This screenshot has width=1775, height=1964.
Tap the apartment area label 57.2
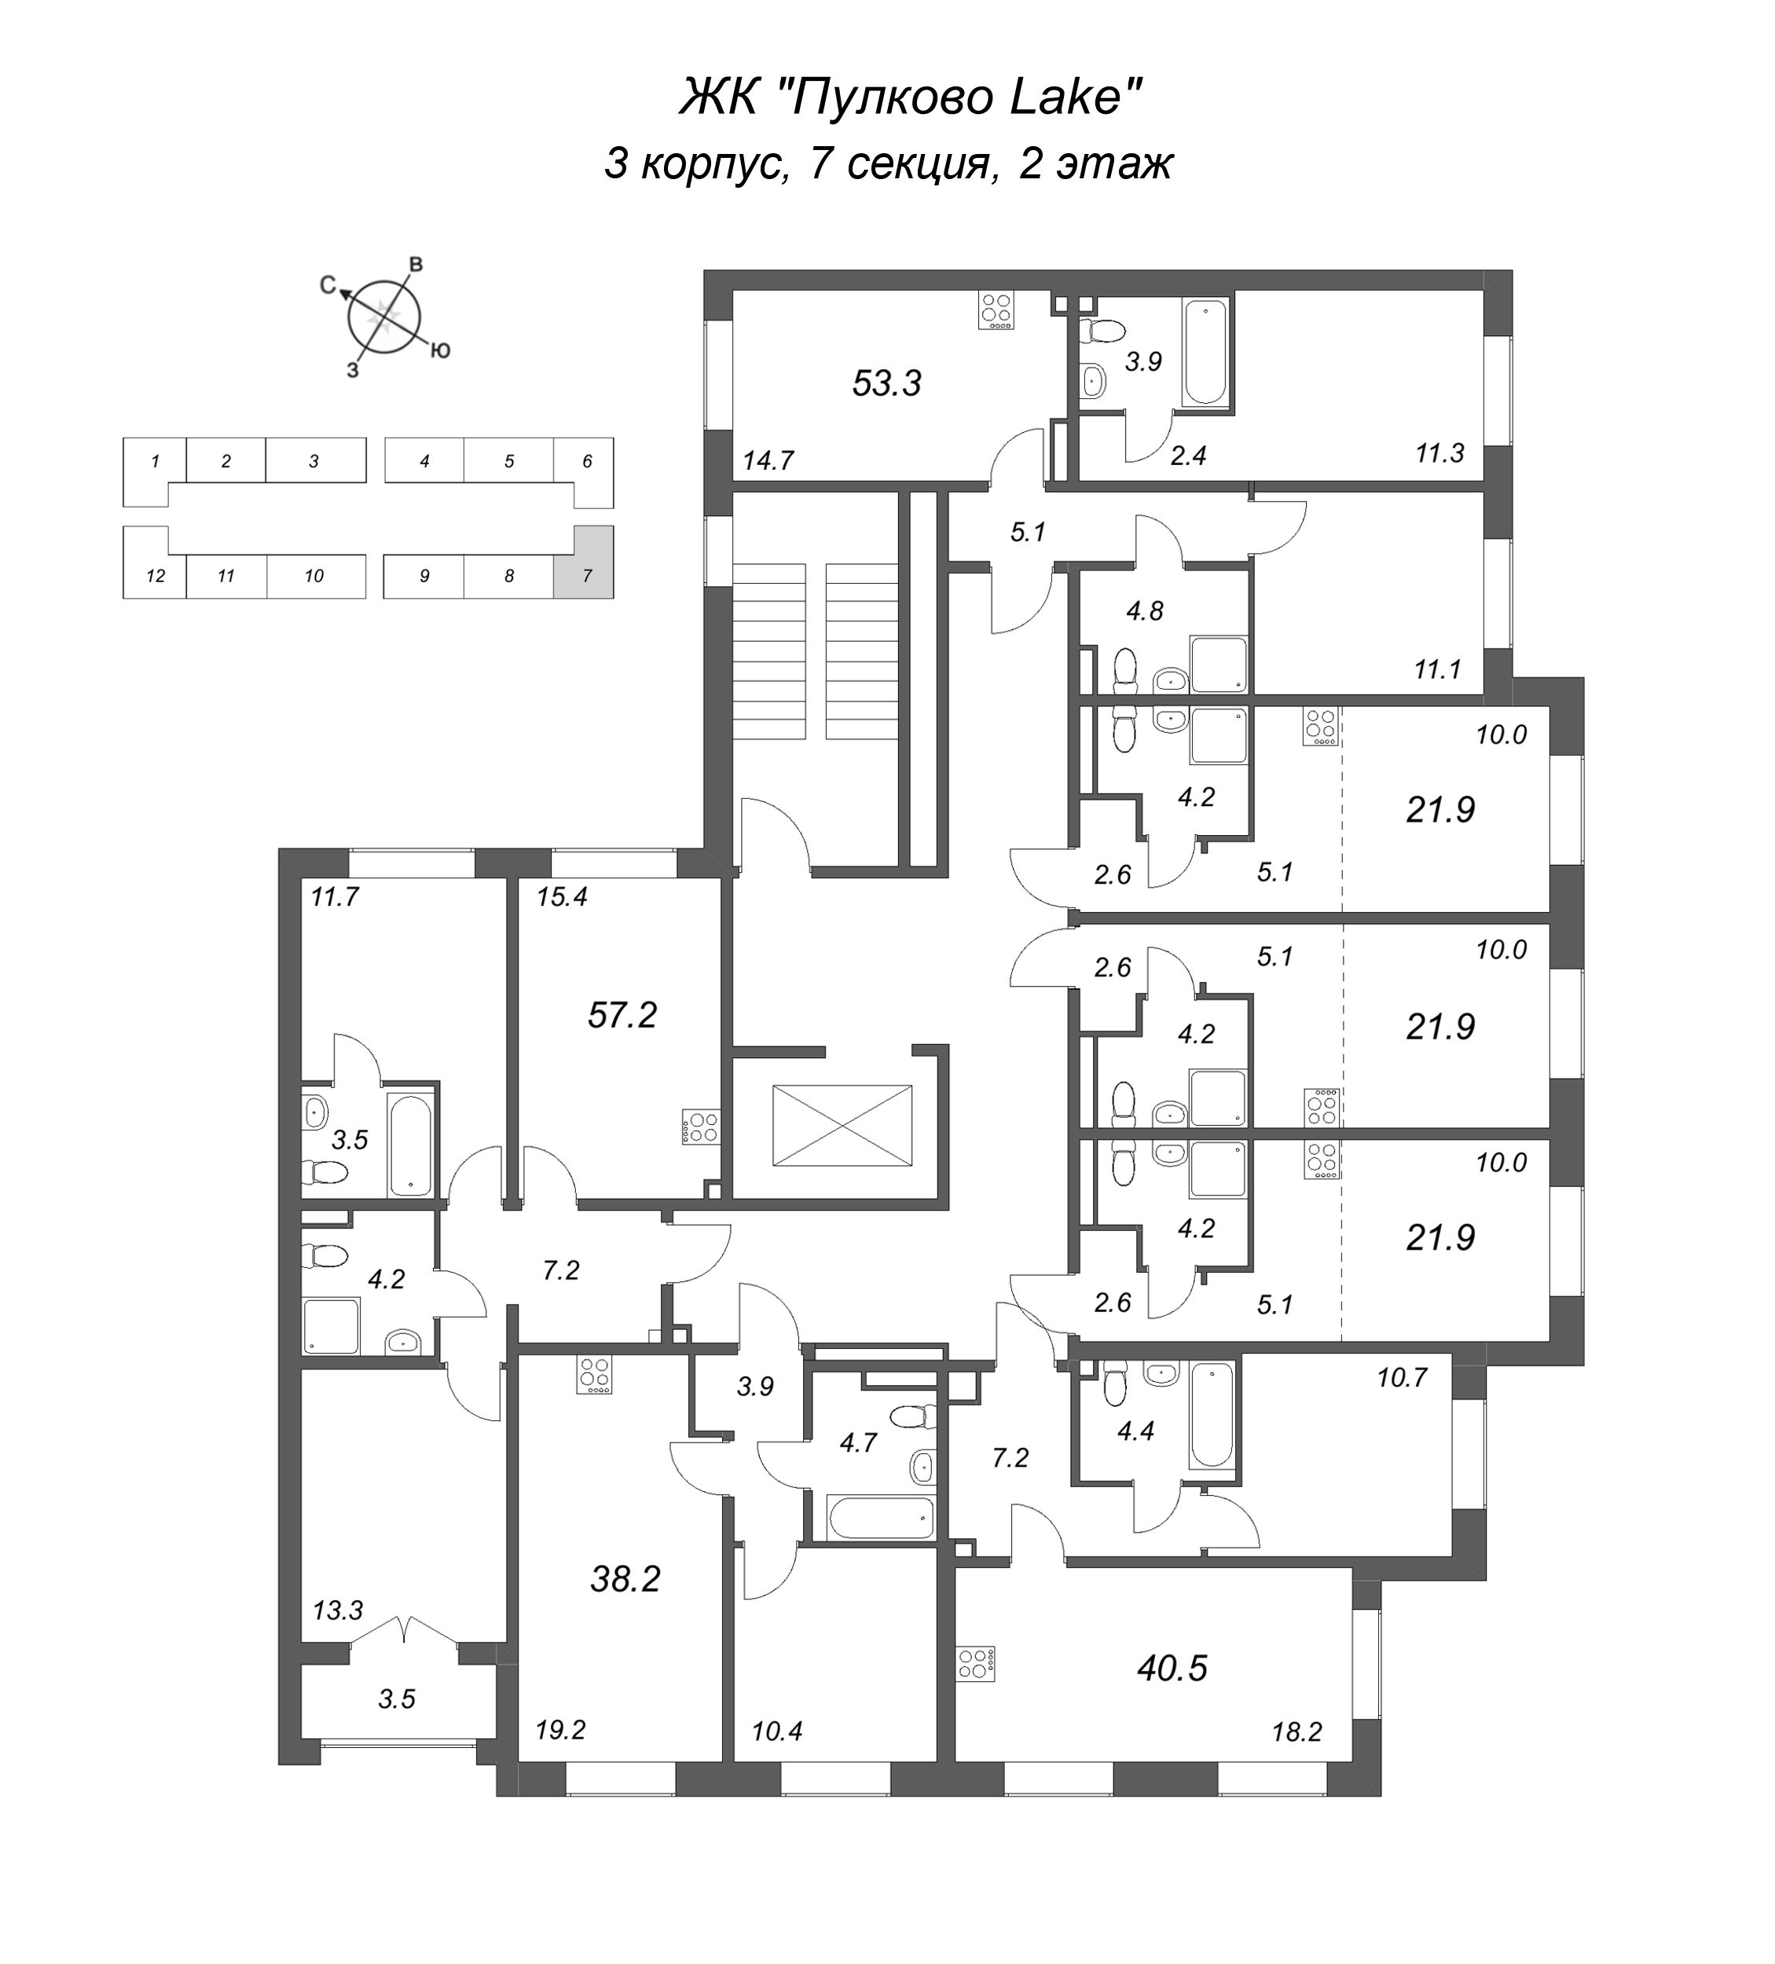(x=622, y=1015)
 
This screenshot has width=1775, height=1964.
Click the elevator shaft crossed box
(x=842, y=1125)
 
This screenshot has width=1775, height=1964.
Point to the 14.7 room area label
(x=768, y=460)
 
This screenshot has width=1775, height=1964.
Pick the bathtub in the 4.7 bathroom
(x=881, y=1517)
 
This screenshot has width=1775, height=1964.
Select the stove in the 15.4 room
(x=699, y=1127)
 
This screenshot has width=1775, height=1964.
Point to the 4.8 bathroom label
(x=1145, y=611)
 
